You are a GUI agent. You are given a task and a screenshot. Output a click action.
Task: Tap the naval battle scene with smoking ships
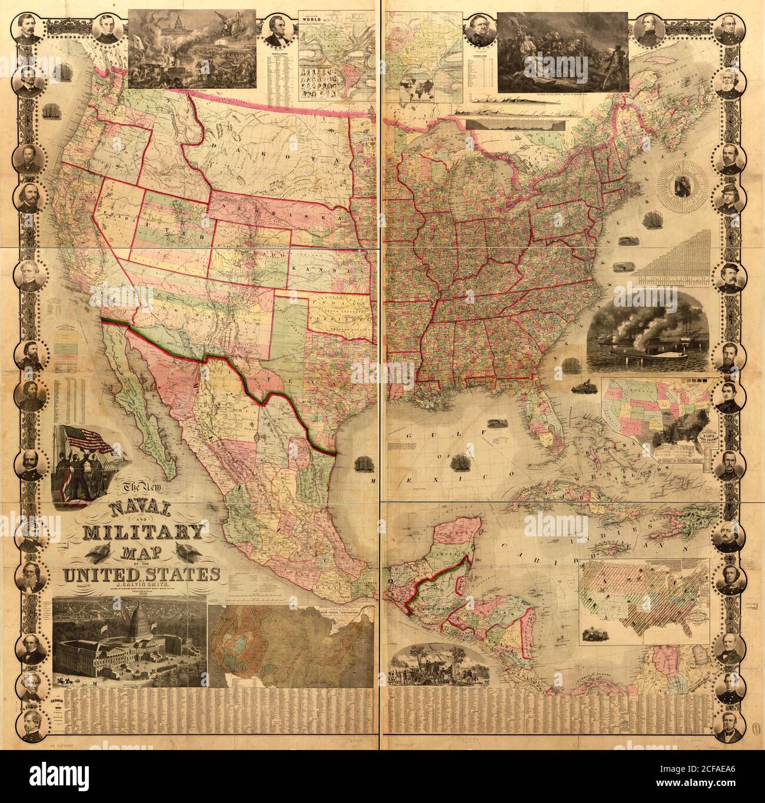pos(647,333)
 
